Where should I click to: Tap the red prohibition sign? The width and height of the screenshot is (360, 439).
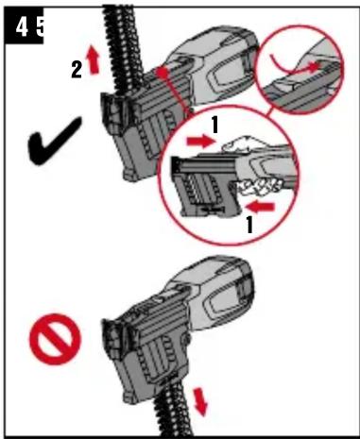pos(56,339)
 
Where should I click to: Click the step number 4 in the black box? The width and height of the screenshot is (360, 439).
pos(22,27)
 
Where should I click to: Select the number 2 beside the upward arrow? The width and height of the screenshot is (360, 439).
pos(77,70)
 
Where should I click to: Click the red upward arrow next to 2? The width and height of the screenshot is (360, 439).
pos(94,59)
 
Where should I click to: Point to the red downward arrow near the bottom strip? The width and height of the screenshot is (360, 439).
pos(200,401)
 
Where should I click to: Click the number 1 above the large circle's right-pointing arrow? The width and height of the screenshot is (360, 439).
pos(214,125)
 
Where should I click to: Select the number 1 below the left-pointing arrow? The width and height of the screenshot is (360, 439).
pos(249,224)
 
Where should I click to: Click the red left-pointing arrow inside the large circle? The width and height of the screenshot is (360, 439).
pos(260,207)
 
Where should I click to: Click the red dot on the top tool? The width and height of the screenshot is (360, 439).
pos(162,73)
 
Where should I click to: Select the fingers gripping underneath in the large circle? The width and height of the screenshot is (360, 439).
pos(259,187)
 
